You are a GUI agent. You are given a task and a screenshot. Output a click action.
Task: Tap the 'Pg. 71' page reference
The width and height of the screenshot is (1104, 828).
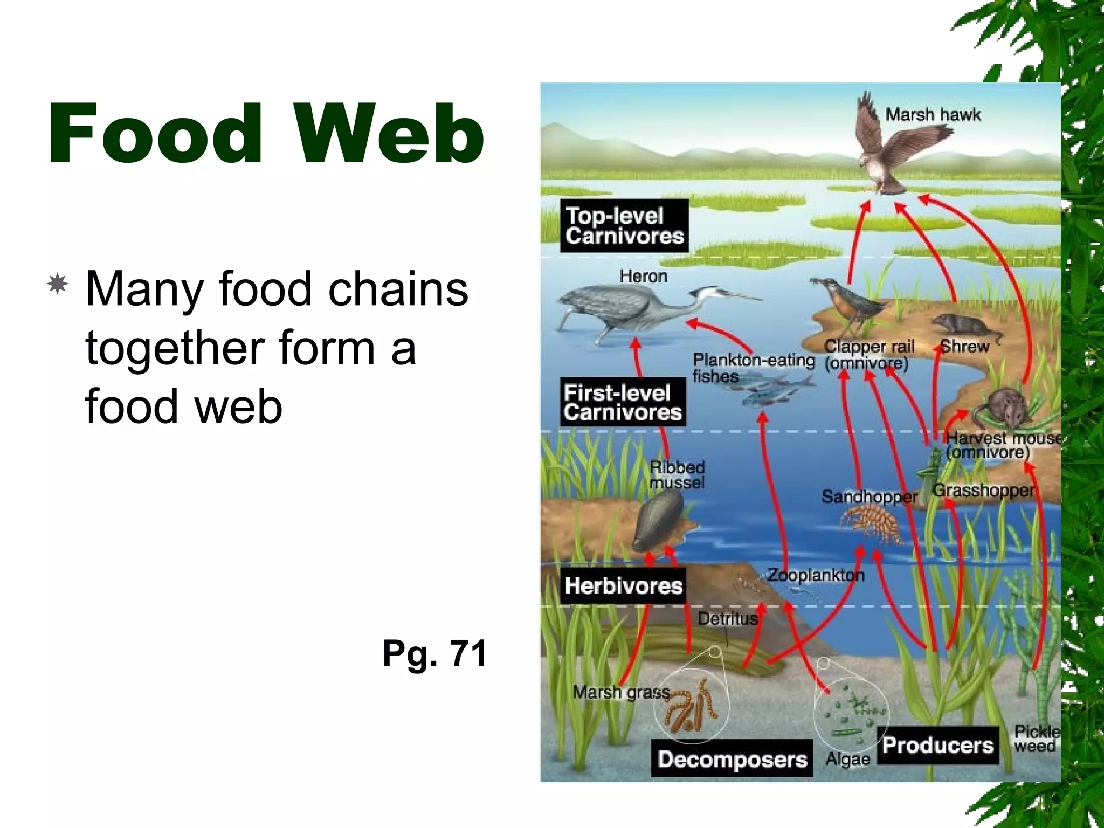pos(434,653)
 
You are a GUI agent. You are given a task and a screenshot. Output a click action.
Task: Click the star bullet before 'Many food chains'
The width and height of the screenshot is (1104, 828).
pos(58,284)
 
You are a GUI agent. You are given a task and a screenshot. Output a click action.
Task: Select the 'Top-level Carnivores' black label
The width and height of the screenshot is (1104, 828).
pos(624,226)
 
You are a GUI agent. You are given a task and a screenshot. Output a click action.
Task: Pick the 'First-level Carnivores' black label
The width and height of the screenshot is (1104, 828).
pos(623,403)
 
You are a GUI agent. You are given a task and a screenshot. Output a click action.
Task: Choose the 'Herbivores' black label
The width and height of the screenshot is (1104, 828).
pos(623,585)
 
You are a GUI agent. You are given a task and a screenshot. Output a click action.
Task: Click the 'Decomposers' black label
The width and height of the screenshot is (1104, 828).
pos(732,759)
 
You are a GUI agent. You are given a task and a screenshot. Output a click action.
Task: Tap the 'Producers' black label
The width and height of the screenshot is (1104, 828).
pos(937,746)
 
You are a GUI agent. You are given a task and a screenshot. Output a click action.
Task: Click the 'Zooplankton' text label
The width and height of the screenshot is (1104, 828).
pos(816,575)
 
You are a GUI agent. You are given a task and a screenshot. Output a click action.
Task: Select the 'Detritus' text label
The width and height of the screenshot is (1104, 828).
pos(728,618)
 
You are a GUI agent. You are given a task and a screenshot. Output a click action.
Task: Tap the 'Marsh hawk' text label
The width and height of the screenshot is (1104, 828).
pos(933,115)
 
